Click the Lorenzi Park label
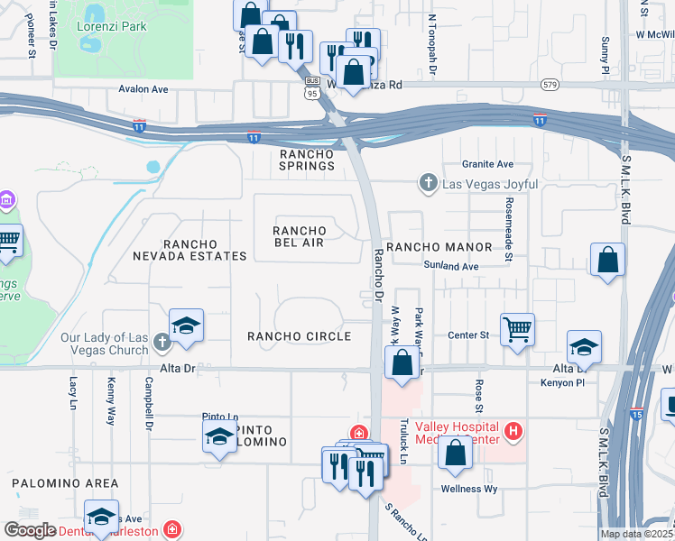point(116,26)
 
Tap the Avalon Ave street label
point(144,89)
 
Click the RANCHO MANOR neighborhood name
point(439,247)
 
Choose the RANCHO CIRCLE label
point(299,336)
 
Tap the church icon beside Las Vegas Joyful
point(430,184)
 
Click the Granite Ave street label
point(487,164)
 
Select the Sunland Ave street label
point(450,266)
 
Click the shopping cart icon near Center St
point(517,329)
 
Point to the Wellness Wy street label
point(468,489)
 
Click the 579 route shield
point(549,85)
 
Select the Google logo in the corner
point(30,530)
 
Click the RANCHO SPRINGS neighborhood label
point(307,160)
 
